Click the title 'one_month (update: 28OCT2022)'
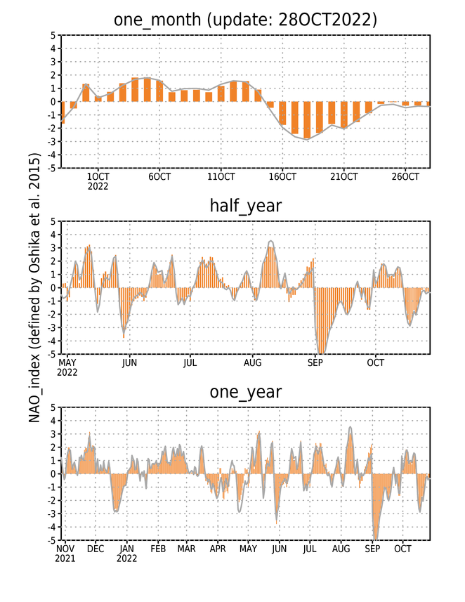(245, 20)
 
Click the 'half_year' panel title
(245, 206)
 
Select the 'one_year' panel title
(245, 392)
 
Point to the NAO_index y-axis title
(34, 287)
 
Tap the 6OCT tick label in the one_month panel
(159, 177)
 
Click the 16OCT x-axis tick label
(282, 177)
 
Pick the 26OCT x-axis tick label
(405, 177)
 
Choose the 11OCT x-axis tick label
(221, 177)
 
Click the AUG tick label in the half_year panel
(253, 362)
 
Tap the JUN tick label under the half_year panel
(129, 362)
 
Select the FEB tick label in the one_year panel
(158, 549)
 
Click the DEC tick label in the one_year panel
(96, 549)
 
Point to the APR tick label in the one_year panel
(218, 549)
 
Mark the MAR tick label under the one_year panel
(186, 549)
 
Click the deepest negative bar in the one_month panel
(307, 120)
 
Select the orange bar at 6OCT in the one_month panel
(159, 91)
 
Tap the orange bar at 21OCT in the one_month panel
(344, 114)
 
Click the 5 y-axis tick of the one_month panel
(53, 35)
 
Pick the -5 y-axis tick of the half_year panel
(51, 354)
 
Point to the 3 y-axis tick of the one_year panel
(53, 434)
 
